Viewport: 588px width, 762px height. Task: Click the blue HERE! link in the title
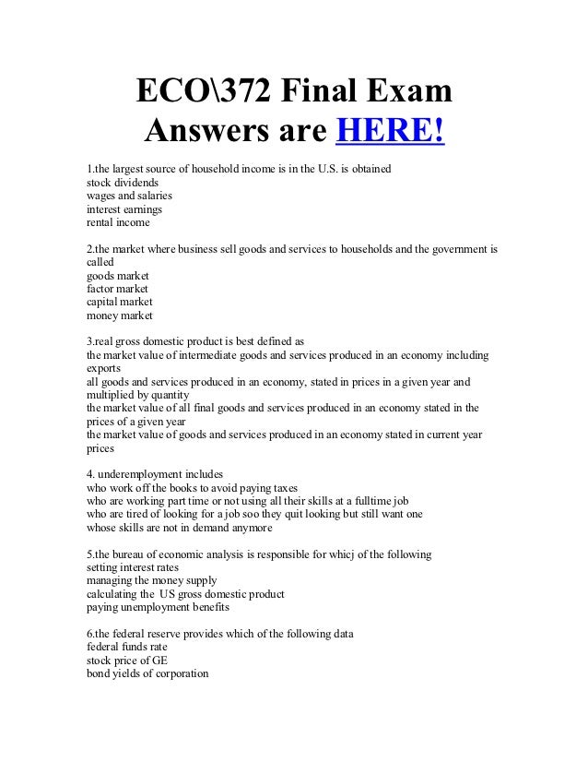pos(391,132)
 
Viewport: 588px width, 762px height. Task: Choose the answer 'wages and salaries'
pos(129,196)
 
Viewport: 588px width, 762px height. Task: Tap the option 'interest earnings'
pos(124,208)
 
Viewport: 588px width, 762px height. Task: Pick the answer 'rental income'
pos(117,221)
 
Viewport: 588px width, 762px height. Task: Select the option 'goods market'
pos(117,275)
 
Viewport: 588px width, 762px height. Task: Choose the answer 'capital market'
pos(119,302)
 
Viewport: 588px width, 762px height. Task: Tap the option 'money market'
pos(119,315)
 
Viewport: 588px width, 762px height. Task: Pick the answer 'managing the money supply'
pos(151,580)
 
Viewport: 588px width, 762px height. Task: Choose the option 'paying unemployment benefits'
pos(158,607)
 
